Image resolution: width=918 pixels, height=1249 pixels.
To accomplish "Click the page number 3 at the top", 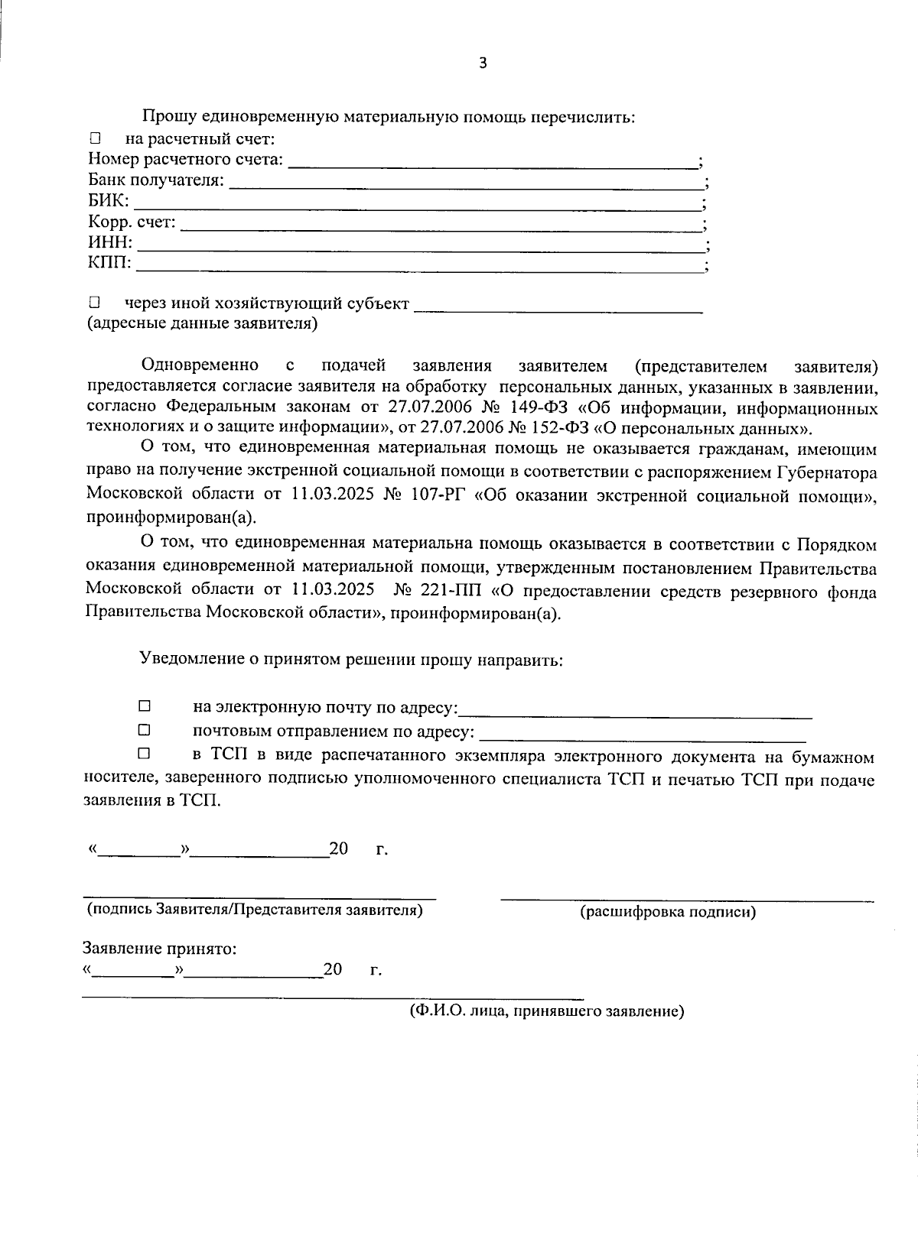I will (x=482, y=63).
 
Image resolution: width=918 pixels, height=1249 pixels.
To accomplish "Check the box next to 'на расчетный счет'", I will (x=95, y=139).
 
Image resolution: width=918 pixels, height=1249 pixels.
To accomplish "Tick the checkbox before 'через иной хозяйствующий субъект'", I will (x=95, y=303).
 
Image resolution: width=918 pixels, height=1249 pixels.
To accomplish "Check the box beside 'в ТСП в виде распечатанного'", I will (x=144, y=754).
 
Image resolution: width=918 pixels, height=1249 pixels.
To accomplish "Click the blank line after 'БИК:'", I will (x=417, y=207).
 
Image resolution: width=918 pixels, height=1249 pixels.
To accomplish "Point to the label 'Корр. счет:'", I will (x=132, y=222).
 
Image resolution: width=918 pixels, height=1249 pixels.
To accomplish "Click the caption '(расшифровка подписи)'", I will (x=668, y=912).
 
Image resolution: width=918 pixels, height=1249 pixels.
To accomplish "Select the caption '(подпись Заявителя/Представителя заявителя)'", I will (x=255, y=910).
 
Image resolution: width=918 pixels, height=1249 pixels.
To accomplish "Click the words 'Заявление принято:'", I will (x=159, y=949).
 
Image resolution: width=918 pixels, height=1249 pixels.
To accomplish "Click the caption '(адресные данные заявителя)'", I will (x=203, y=323).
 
